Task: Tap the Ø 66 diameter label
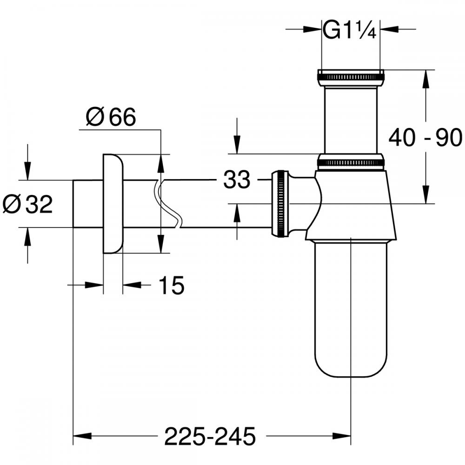point(111,117)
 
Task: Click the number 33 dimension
point(237,180)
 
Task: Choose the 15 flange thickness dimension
point(171,285)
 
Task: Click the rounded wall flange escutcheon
point(113,204)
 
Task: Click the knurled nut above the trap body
point(350,162)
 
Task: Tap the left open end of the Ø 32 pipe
point(74,204)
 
